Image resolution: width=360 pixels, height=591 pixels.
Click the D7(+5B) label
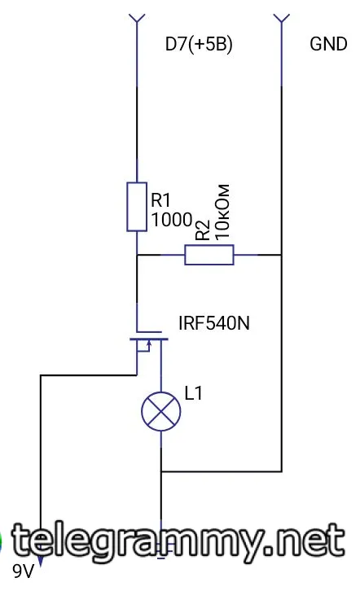[x=199, y=45]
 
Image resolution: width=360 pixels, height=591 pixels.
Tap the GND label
[x=328, y=44]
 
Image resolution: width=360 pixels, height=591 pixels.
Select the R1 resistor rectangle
[x=137, y=207]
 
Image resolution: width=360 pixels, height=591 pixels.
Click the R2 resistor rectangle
[x=209, y=255]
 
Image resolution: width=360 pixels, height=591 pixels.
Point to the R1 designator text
[x=160, y=200]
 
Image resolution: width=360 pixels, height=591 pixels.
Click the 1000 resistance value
[x=172, y=219]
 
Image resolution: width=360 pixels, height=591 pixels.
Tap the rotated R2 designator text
[x=203, y=230]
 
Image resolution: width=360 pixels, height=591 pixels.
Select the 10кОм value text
[x=222, y=212]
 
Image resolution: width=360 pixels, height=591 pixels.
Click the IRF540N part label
[x=213, y=323]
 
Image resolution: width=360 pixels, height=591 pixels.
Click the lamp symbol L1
[x=161, y=411]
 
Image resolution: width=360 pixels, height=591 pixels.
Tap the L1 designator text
[x=193, y=393]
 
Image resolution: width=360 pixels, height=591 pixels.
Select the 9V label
[x=23, y=571]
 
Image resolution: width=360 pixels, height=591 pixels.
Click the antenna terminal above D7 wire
[x=137, y=19]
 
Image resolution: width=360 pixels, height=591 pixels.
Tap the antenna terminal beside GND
[x=281, y=19]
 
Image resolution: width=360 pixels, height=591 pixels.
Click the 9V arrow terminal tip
[x=41, y=566]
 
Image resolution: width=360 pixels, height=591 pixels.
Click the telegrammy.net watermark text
[x=178, y=541]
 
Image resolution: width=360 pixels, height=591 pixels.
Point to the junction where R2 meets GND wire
[x=281, y=255]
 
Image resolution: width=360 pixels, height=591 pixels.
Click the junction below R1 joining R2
[x=137, y=255]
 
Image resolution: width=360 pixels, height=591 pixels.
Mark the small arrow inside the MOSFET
[x=148, y=345]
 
